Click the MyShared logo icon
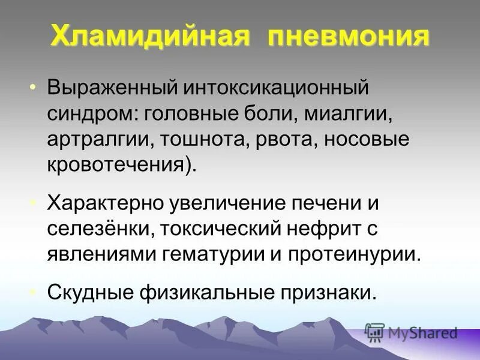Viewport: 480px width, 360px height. pos(374,331)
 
